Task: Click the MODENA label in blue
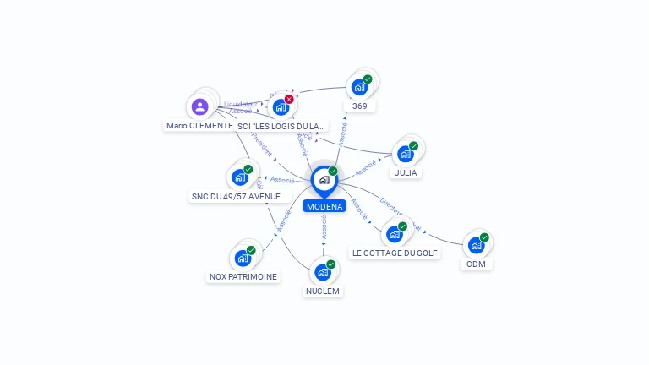[x=324, y=206]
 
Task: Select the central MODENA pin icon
[x=324, y=180]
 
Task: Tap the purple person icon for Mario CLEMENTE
[x=199, y=106]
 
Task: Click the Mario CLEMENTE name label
[x=199, y=126]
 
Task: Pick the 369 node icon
[x=359, y=87]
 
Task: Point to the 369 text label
[x=360, y=106]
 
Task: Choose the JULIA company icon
[x=406, y=154]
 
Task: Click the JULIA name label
[x=406, y=173]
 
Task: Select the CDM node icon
[x=477, y=245]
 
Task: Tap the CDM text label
[x=477, y=264]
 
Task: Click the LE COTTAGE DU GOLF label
[x=395, y=253]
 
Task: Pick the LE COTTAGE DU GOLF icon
[x=395, y=234]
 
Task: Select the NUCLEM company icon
[x=323, y=272]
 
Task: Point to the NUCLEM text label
[x=323, y=291]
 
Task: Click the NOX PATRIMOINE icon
[x=243, y=258]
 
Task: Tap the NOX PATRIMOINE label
[x=243, y=276]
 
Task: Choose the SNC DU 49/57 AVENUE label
[x=240, y=197]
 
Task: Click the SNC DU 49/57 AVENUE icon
[x=240, y=177]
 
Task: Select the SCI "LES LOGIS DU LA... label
[x=281, y=126]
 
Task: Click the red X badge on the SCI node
[x=289, y=99]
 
